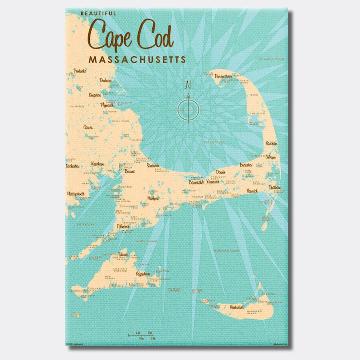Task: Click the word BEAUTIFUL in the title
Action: coord(98,14)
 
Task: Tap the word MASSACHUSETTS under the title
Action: coord(137,59)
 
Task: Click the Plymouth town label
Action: coord(108,105)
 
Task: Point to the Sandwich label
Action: coord(153,166)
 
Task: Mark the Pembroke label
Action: coord(79,72)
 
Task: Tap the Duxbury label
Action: coord(106,81)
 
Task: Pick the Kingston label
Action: coord(95,95)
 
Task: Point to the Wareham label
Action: coord(97,164)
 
